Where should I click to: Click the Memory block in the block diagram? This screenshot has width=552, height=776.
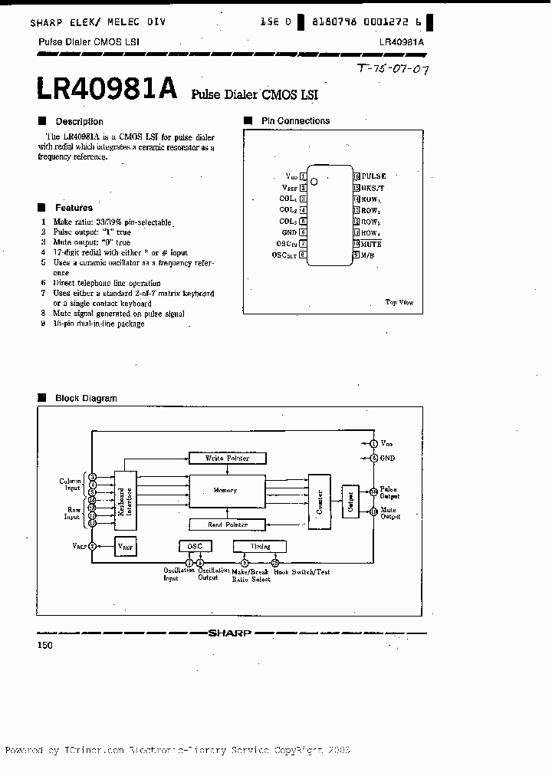[226, 490]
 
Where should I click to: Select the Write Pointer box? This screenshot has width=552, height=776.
[226, 458]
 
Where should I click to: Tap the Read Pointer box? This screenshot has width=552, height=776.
[226, 524]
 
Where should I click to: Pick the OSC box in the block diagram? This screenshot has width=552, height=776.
[194, 546]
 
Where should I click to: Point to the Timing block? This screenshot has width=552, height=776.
[261, 546]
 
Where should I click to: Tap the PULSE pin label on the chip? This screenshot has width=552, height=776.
[373, 176]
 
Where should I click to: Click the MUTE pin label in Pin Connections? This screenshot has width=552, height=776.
[371, 244]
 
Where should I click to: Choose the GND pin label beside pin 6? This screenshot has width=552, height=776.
[289, 232]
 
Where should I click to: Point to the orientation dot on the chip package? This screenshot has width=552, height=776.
[314, 181]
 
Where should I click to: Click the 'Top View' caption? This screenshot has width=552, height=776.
[399, 302]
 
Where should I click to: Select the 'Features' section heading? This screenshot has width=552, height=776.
[74, 208]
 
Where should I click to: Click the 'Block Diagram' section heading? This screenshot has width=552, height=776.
[86, 398]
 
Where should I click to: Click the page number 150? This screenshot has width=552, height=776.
[45, 646]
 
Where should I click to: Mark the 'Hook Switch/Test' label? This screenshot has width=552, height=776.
[302, 572]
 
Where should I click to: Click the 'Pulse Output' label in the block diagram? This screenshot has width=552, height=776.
[389, 492]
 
